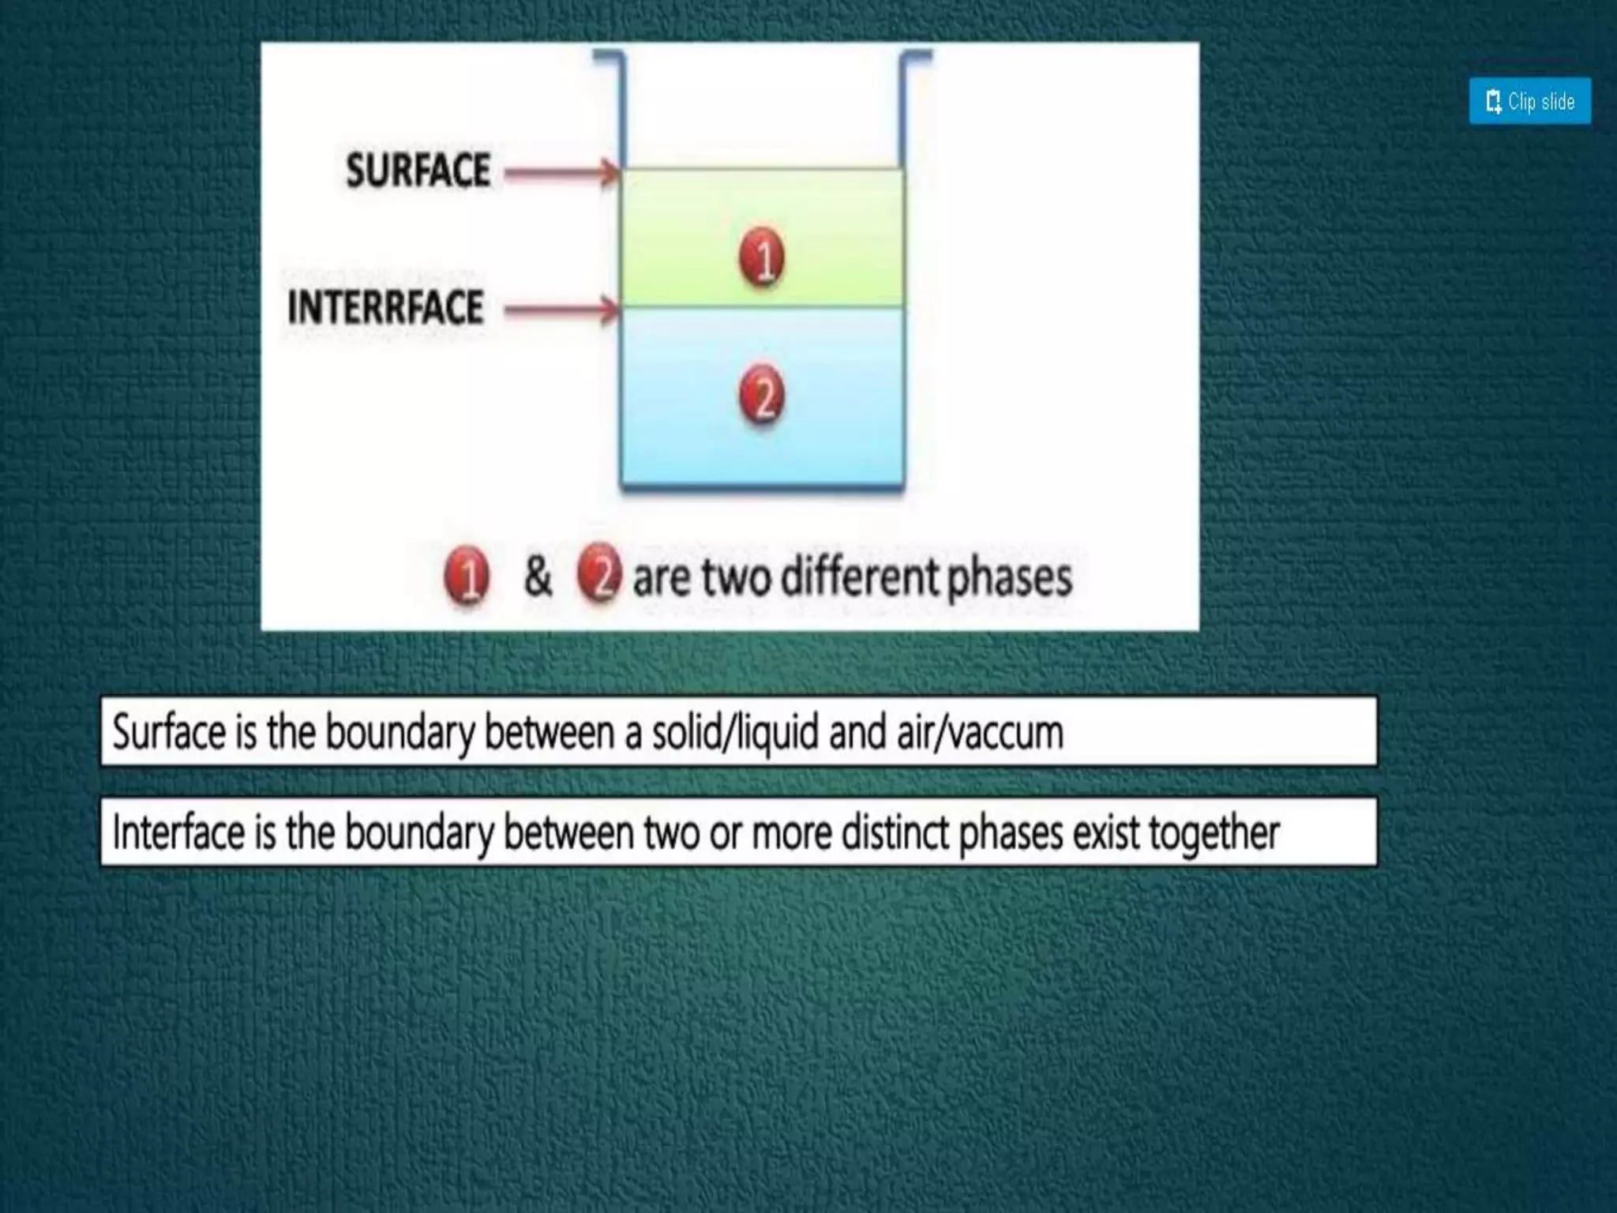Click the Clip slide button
1529,101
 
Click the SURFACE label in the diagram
418,171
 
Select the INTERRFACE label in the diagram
385,308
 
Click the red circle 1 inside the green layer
762,257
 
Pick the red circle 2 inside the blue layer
762,395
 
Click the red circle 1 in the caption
467,576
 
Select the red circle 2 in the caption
599,573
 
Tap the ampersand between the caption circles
537,576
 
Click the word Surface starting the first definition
169,732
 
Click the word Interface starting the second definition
178,832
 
